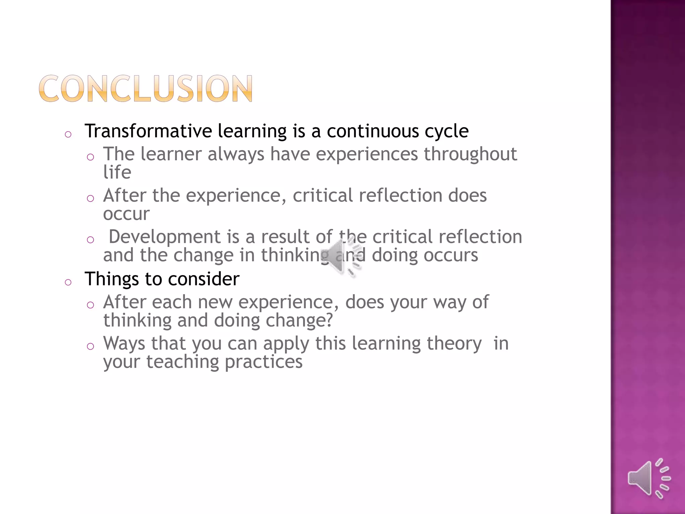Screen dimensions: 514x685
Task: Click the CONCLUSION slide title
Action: click(145, 88)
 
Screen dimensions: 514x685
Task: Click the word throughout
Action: click(470, 155)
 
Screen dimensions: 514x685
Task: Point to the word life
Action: click(117, 172)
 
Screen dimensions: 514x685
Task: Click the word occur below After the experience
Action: click(126, 214)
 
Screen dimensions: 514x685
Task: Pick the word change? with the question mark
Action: click(299, 321)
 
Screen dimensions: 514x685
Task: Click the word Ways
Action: click(124, 344)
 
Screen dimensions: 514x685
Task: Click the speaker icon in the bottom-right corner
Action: click(649, 479)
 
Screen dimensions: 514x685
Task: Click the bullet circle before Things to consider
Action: click(68, 282)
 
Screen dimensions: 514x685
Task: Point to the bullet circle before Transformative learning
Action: click(68, 135)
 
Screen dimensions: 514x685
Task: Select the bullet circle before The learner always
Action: click(90, 157)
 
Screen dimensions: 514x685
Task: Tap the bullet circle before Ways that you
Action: click(90, 346)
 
